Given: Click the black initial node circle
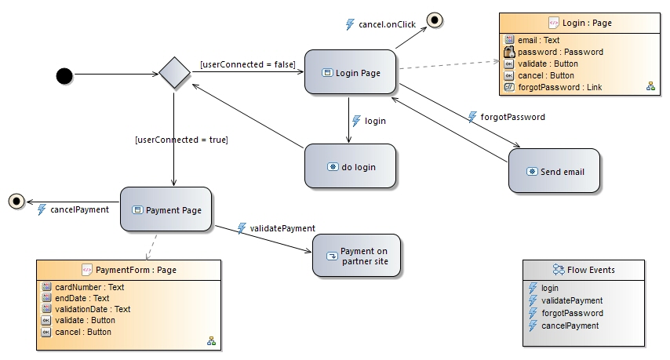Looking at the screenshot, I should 64,75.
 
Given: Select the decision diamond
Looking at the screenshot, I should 175,74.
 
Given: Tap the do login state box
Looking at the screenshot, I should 351,166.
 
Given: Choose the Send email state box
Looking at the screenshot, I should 555,171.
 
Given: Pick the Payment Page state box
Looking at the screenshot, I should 166,209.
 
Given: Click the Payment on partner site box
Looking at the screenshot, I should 356,256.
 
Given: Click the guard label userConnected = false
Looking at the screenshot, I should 247,64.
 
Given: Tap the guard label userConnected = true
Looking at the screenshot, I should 181,140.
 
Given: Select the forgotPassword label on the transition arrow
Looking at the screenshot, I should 512,117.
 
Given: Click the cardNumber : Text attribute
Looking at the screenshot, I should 89,287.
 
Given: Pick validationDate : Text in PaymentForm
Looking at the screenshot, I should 92,309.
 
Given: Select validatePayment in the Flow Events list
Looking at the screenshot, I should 571,300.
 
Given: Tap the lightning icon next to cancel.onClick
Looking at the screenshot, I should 350,24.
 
